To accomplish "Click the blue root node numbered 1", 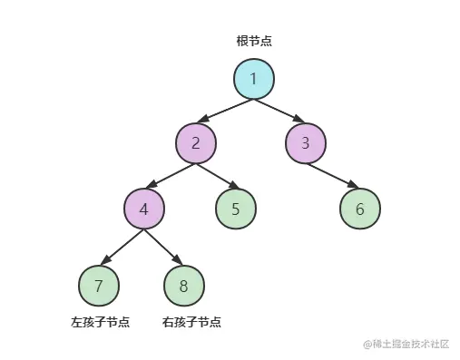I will click(253, 79).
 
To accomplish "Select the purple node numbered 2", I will click(197, 142).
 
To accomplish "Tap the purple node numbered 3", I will click(305, 142).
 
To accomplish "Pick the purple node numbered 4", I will click(143, 210).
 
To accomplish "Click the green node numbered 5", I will click(236, 209).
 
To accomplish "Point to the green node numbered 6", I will click(359, 209).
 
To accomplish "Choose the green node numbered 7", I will click(99, 287).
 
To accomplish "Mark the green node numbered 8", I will click(183, 287).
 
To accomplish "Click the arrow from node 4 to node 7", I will click(121, 248).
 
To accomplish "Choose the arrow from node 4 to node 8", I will click(163, 248).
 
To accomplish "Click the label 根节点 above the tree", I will click(254, 42).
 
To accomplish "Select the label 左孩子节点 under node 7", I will click(100, 322).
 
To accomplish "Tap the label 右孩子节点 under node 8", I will click(191, 322).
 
